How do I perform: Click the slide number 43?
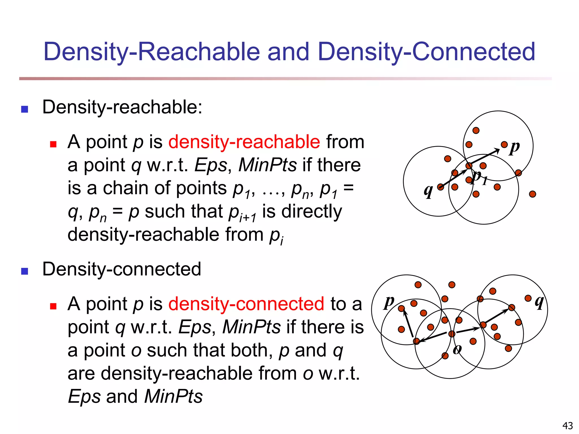click(x=567, y=425)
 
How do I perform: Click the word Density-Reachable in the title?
click(x=152, y=52)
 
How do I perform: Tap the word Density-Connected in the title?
click(x=426, y=52)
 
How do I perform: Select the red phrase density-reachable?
click(x=244, y=142)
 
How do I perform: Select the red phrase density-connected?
click(x=246, y=304)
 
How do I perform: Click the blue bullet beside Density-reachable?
click(x=25, y=109)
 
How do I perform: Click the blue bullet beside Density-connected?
click(x=25, y=271)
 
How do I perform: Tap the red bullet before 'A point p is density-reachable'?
click(x=53, y=144)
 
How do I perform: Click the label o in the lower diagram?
click(x=457, y=350)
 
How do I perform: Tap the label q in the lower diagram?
click(x=539, y=303)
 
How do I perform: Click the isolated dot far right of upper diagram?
click(x=532, y=194)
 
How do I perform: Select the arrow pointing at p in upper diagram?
click(x=484, y=157)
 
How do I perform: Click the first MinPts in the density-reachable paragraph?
click(x=267, y=165)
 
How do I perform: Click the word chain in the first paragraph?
click(x=128, y=188)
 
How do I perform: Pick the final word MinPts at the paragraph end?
click(x=173, y=396)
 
